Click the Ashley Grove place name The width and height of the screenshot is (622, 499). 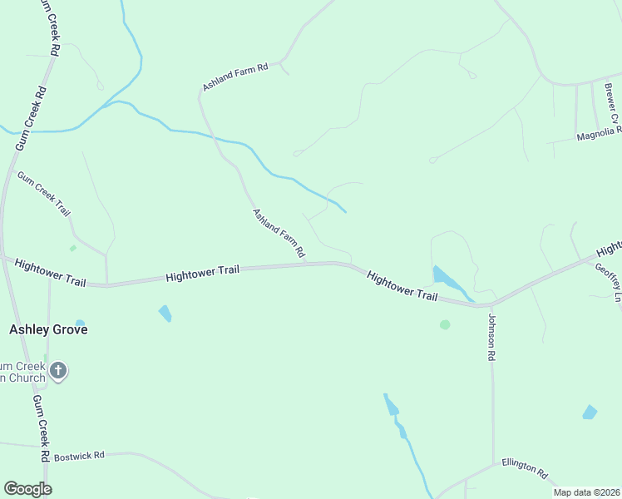pos(48,329)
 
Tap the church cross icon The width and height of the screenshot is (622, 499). pos(57,369)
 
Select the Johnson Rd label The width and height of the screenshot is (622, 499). pos(491,336)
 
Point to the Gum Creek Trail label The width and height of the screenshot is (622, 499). pos(44,195)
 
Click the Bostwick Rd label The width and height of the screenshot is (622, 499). pos(78,457)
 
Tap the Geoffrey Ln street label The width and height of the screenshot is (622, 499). pos(608,283)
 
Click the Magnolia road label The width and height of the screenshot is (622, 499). pos(599,132)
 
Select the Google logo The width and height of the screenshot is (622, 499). pos(27,488)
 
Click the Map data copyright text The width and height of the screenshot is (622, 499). pos(586,492)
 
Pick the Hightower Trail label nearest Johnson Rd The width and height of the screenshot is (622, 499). pos(402,285)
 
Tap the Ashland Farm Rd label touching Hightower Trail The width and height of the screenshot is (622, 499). pos(279,232)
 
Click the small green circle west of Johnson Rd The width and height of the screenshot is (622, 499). pos(445,324)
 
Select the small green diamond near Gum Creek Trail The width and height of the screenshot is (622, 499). pos(73,248)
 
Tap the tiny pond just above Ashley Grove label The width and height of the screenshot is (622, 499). pos(80,322)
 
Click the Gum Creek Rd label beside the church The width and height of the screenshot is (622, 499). pos(40,428)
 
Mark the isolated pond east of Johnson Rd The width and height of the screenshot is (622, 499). pos(590,412)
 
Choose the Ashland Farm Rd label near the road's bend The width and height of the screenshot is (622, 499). pos(236,77)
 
